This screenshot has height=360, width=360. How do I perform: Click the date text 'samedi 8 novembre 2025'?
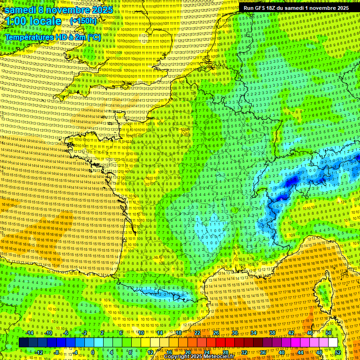[x=59, y=10]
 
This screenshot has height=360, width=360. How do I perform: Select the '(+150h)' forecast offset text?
[x=83, y=21]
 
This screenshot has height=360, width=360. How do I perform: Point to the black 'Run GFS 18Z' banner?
[x=296, y=8]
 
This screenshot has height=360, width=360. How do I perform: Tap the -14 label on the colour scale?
[x=30, y=333]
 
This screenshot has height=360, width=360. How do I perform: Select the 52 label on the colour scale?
[x=338, y=352]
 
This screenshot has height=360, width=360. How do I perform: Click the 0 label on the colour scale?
[x=93, y=352]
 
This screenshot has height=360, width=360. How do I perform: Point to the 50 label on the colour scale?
[x=329, y=333]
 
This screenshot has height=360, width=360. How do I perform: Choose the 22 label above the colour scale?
[x=197, y=333]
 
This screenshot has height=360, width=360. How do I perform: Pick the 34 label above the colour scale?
[x=254, y=333]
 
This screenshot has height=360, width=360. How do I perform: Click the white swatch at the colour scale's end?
[x=333, y=343]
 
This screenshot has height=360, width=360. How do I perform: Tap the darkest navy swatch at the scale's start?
[x=24, y=343]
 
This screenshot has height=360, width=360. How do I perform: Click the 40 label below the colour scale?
[x=282, y=352]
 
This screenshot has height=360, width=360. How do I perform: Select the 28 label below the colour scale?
[x=225, y=352]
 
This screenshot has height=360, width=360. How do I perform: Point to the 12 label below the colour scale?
[x=150, y=352]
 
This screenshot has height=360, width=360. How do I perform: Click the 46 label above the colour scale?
[x=310, y=333]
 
